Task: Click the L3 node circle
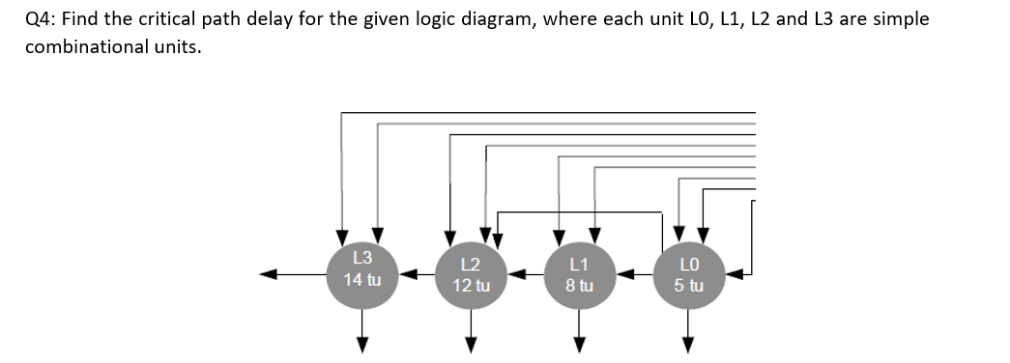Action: point(362,271)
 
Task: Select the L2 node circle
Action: point(472,274)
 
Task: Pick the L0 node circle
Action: point(689,274)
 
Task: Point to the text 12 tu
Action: point(472,286)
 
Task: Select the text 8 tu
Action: point(580,286)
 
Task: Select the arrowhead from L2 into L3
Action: point(409,274)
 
